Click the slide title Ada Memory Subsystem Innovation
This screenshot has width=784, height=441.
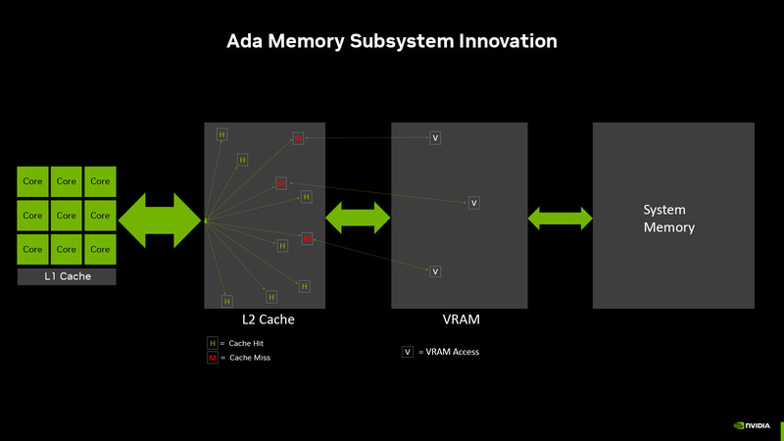pyautogui.click(x=392, y=41)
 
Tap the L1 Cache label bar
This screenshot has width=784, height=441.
pyautogui.click(x=67, y=276)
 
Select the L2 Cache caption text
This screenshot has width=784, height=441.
pyautogui.click(x=268, y=319)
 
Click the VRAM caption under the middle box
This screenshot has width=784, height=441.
pyautogui.click(x=459, y=319)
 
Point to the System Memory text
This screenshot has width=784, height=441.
pyautogui.click(x=668, y=219)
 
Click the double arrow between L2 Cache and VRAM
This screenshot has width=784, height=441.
pyautogui.click(x=358, y=217)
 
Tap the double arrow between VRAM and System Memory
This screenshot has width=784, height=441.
pyautogui.click(x=560, y=218)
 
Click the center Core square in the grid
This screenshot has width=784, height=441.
pyautogui.click(x=67, y=216)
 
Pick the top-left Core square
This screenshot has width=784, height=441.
pyautogui.click(x=32, y=181)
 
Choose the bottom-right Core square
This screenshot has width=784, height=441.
pyautogui.click(x=100, y=249)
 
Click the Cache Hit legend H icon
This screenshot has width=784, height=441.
pyautogui.click(x=212, y=343)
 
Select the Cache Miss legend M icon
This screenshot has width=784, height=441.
pyautogui.click(x=212, y=358)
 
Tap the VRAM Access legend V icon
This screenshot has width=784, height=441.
pyautogui.click(x=407, y=352)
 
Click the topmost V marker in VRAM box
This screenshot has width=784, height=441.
pyautogui.click(x=435, y=138)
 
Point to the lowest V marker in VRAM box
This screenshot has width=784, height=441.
pyautogui.click(x=435, y=271)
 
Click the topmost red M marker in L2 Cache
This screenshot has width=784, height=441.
pyautogui.click(x=298, y=138)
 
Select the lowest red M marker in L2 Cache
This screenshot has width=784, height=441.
pyautogui.click(x=307, y=239)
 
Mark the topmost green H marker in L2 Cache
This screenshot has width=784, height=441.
pyautogui.click(x=221, y=134)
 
